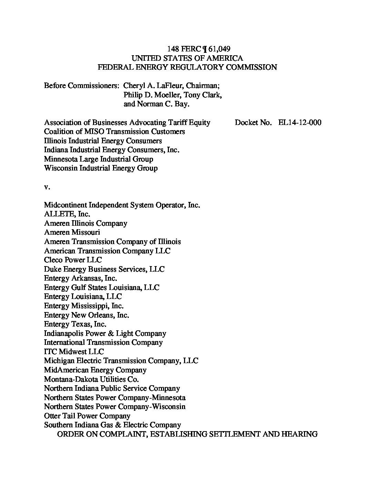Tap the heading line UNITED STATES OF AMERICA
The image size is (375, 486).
coord(187,58)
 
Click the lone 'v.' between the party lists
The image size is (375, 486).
coord(47,187)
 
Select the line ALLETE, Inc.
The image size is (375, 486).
coord(67,214)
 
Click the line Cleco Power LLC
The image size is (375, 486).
coord(73,260)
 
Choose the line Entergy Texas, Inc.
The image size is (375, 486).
coord(75,324)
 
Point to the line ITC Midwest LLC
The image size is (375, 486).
coord(74,352)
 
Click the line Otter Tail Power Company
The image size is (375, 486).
coord(87,416)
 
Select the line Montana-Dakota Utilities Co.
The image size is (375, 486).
coord(91,379)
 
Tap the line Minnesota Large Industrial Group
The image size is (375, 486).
coord(99,159)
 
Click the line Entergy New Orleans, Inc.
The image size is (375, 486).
coord(87,315)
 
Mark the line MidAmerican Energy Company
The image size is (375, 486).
coord(95,370)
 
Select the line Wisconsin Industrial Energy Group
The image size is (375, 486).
coord(101,168)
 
